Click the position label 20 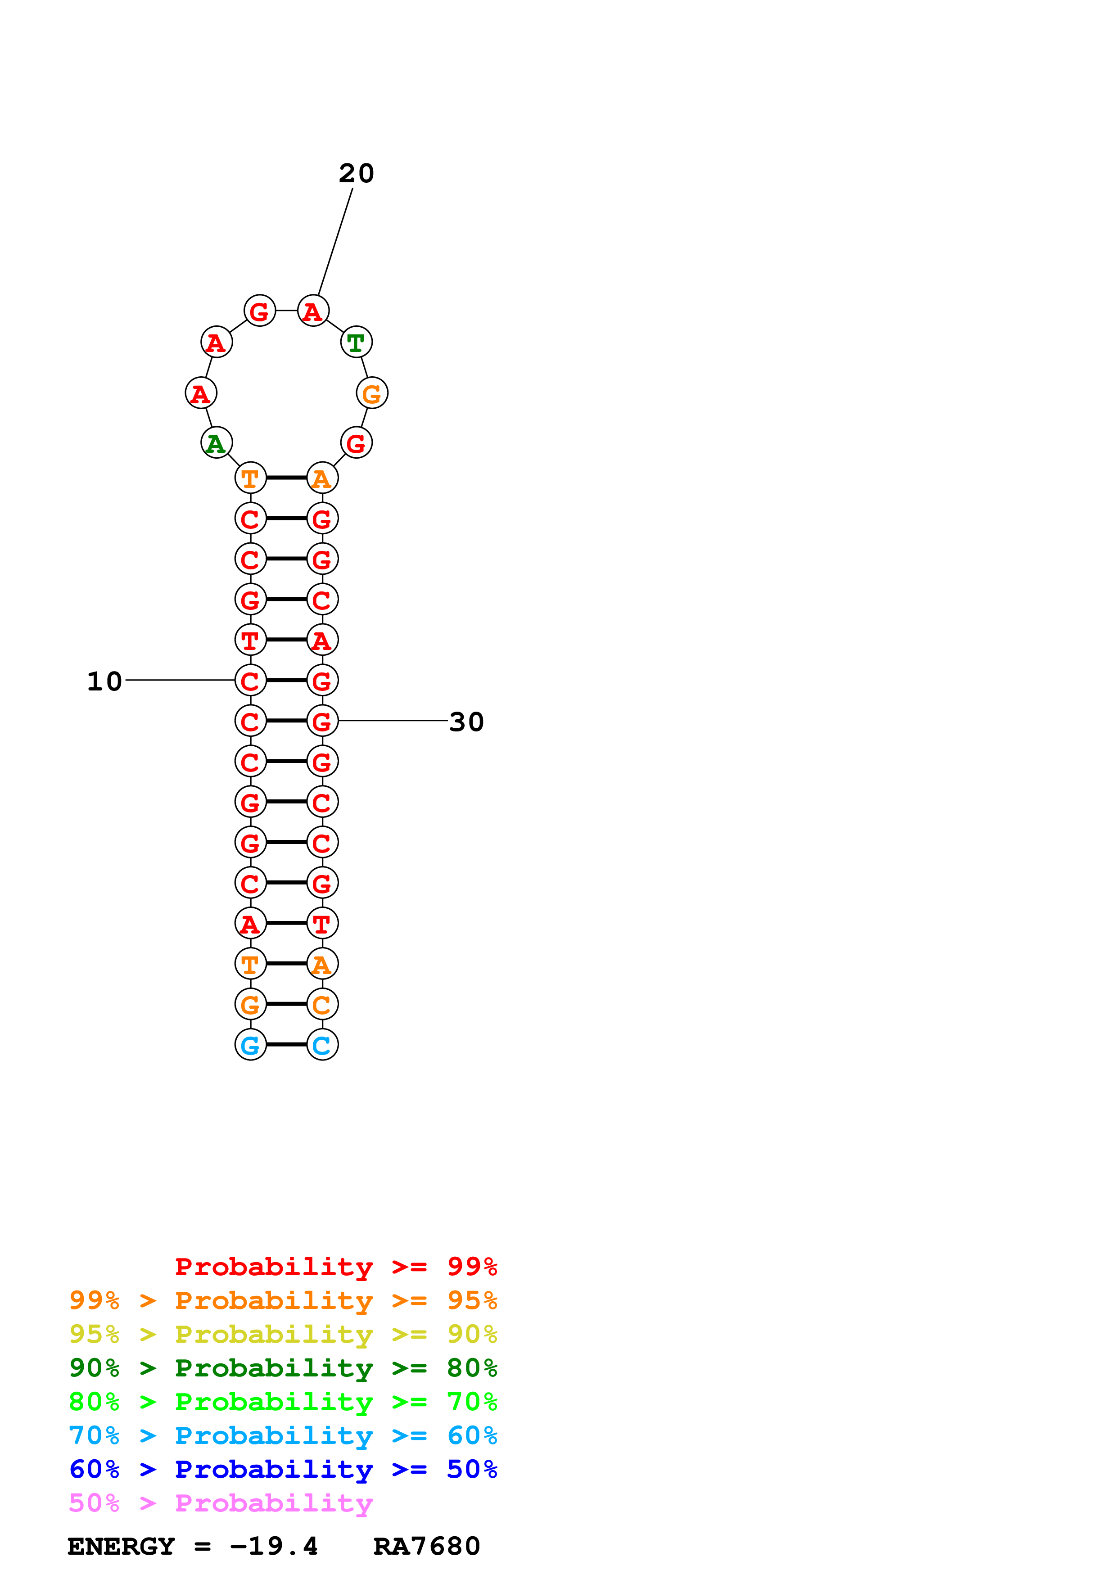click(356, 173)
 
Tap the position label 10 click(104, 681)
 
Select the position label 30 click(466, 722)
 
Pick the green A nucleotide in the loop click(216, 443)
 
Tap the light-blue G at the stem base click(250, 1045)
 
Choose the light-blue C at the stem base click(322, 1045)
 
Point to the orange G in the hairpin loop click(372, 393)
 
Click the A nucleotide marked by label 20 click(313, 311)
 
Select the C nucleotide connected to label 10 click(250, 681)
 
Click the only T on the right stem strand click(322, 924)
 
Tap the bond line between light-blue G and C click(286, 1045)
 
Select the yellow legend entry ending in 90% click(283, 1334)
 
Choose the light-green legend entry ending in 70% click(283, 1402)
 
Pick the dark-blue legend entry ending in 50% click(283, 1469)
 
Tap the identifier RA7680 click(426, 1546)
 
